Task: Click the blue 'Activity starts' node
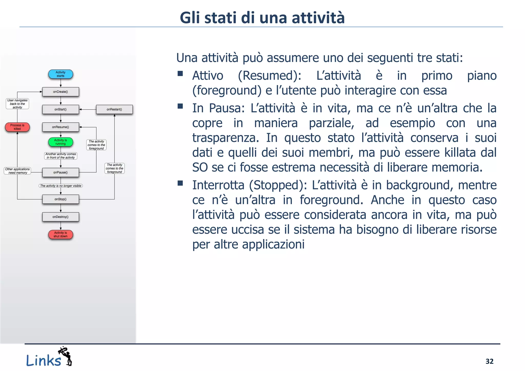click(x=60, y=74)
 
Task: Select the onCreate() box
click(x=60, y=92)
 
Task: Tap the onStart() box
click(x=60, y=109)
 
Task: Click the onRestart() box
click(x=114, y=109)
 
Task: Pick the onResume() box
click(x=60, y=127)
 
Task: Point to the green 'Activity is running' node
click(x=60, y=142)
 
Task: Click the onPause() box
click(x=60, y=172)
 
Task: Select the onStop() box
click(x=60, y=199)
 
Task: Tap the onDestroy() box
click(x=60, y=217)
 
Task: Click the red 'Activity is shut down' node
click(x=60, y=234)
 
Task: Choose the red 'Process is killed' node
click(x=17, y=127)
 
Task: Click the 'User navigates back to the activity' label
click(x=17, y=104)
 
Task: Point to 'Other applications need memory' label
click(x=17, y=171)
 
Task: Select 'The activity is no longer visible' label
click(x=61, y=186)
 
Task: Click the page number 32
click(x=489, y=361)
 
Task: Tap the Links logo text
click(x=44, y=360)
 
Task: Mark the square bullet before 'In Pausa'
click(x=180, y=106)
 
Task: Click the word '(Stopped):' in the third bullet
click(x=278, y=185)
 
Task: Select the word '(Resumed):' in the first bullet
click(x=270, y=76)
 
